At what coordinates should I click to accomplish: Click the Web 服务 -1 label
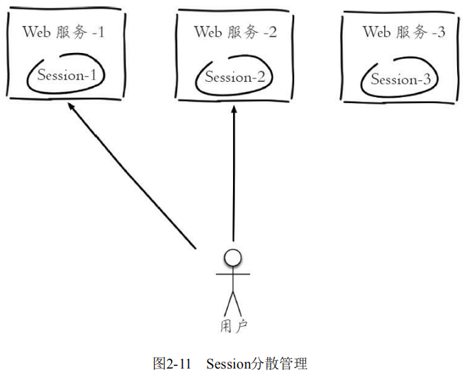[63, 32]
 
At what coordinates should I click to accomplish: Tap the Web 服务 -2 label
[235, 32]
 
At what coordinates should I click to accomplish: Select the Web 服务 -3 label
[403, 32]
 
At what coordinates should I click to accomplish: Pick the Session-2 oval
[234, 77]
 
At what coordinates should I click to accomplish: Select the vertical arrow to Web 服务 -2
[234, 179]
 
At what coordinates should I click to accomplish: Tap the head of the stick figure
[234, 258]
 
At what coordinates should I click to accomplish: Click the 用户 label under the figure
[234, 327]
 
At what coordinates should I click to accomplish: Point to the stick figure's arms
[234, 274]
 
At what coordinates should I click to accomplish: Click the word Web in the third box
[376, 32]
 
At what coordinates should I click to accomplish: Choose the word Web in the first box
[36, 32]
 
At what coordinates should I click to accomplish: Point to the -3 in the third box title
[436, 32]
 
